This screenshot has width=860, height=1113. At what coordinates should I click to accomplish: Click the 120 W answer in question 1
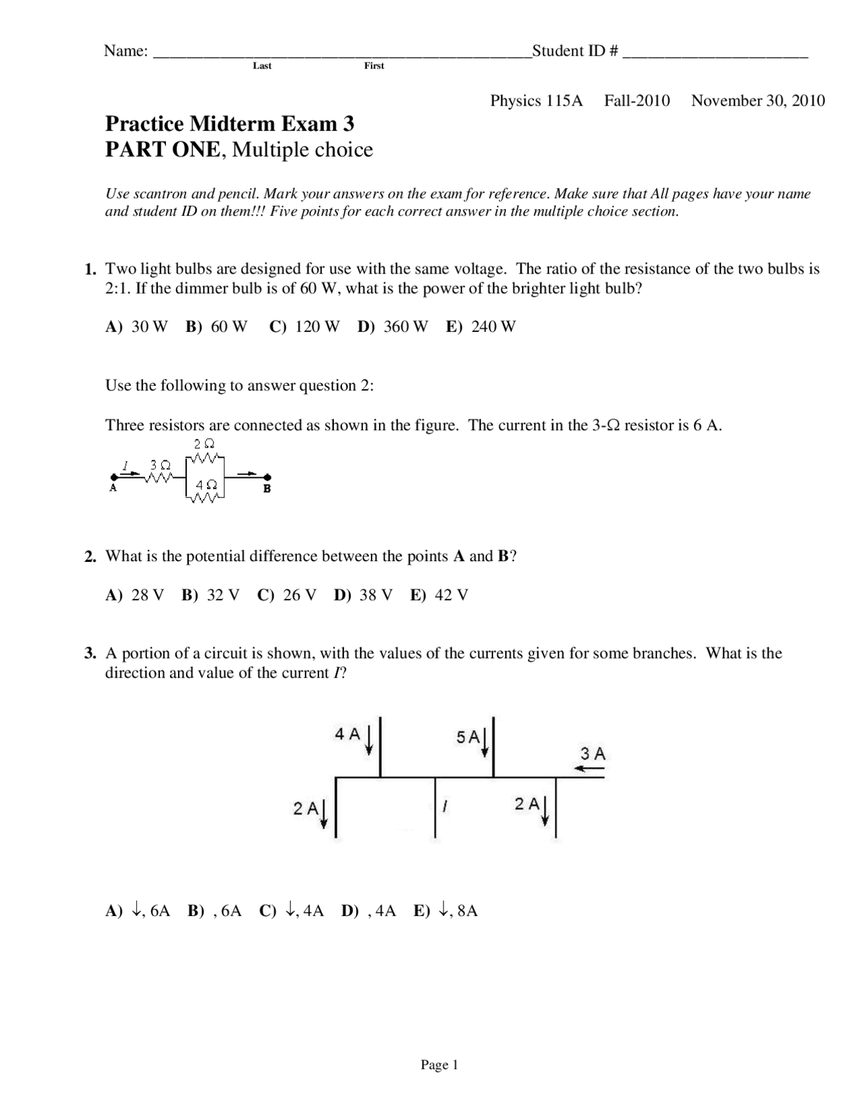[x=317, y=327]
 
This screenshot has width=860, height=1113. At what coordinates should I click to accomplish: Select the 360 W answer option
[x=405, y=327]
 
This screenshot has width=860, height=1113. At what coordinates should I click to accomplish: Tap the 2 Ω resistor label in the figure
[x=204, y=444]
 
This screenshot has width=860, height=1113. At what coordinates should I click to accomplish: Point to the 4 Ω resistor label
[x=206, y=485]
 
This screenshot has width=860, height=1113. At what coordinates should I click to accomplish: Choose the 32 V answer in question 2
[x=222, y=595]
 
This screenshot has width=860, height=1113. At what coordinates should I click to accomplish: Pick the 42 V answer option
[x=451, y=595]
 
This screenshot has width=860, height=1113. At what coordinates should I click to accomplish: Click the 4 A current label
[x=348, y=734]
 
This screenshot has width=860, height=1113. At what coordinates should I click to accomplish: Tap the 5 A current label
[x=468, y=737]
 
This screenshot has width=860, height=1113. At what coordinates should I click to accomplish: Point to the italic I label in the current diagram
[x=445, y=805]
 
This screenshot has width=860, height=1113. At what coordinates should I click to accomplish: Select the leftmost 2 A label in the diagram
[x=306, y=809]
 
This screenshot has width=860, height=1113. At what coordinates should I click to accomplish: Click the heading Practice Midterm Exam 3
[x=230, y=124]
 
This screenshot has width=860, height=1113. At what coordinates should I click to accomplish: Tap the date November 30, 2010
[x=758, y=101]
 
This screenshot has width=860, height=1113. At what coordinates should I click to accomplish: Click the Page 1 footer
[x=439, y=1065]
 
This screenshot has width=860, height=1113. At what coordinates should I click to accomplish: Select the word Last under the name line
[x=262, y=66]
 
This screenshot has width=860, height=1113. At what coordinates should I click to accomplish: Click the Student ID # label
[x=575, y=51]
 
